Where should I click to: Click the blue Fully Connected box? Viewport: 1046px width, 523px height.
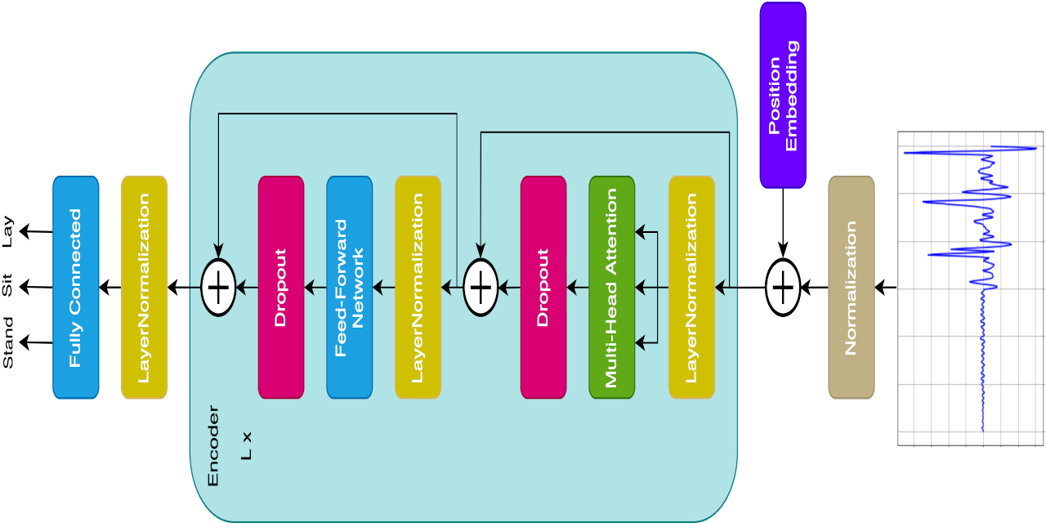(76, 288)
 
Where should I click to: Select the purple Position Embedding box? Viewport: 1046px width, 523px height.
(783, 95)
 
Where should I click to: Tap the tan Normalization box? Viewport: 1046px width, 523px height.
(851, 288)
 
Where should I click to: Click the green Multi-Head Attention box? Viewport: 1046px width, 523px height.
(611, 288)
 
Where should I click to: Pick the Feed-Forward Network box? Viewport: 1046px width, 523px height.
(349, 288)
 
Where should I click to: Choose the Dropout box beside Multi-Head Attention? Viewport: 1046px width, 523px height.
(543, 288)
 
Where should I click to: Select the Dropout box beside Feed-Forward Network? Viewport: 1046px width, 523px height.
(281, 288)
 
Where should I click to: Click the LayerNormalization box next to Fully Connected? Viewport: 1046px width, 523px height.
(144, 288)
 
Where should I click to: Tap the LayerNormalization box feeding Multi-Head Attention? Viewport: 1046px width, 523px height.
(691, 288)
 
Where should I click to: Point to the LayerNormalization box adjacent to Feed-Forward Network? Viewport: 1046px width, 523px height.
(418, 288)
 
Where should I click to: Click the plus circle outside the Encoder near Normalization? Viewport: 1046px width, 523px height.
(783, 288)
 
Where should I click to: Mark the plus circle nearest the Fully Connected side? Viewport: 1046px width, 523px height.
(218, 287)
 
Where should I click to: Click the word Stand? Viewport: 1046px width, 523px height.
(8, 342)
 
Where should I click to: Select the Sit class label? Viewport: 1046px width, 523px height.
(8, 286)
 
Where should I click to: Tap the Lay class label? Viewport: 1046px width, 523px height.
(8, 231)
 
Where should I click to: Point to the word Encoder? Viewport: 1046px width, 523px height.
(213, 446)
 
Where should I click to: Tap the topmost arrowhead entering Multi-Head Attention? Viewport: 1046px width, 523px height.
(641, 233)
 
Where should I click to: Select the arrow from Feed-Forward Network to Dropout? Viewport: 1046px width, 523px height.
(315, 287)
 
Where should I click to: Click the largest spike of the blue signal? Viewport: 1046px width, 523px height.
(1030, 149)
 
